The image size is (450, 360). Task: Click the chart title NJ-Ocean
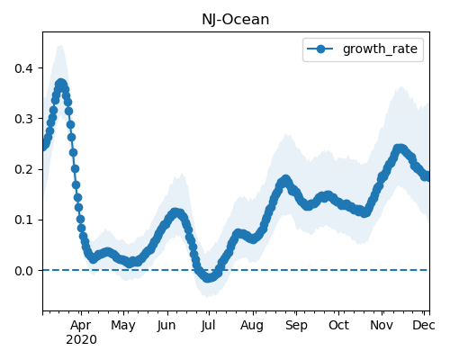236,20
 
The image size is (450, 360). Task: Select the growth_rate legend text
380,49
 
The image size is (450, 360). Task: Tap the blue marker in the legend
320,49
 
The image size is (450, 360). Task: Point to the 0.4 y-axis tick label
23,68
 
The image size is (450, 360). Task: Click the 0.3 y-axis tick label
23,119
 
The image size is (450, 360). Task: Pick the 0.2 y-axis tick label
23,169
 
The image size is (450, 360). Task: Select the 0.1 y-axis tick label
23,220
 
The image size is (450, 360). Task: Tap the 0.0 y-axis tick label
23,271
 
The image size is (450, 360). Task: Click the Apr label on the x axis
81,326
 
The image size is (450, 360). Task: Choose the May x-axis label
123,326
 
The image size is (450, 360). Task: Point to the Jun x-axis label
166,326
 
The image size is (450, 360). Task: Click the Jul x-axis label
208,326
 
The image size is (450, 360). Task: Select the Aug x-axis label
252,326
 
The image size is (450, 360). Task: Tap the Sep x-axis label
296,326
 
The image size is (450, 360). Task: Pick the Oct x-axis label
338,325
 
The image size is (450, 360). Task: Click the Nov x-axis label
382,325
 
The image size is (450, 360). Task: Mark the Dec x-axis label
424,325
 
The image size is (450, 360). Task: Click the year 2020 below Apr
81,340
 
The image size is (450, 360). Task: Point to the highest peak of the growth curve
61,84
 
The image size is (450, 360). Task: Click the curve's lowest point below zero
208,277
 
